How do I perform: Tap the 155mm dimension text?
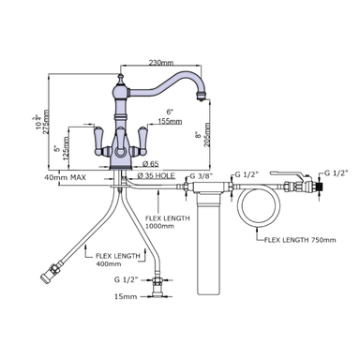tap(169, 121)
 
